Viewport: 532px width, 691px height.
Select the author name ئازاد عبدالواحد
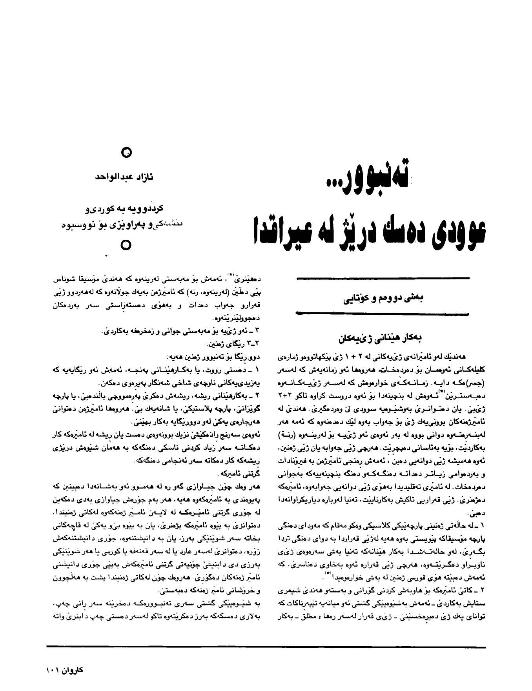pyautogui.click(x=124, y=177)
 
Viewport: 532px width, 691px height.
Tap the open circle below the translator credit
pyautogui.click(x=125, y=245)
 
